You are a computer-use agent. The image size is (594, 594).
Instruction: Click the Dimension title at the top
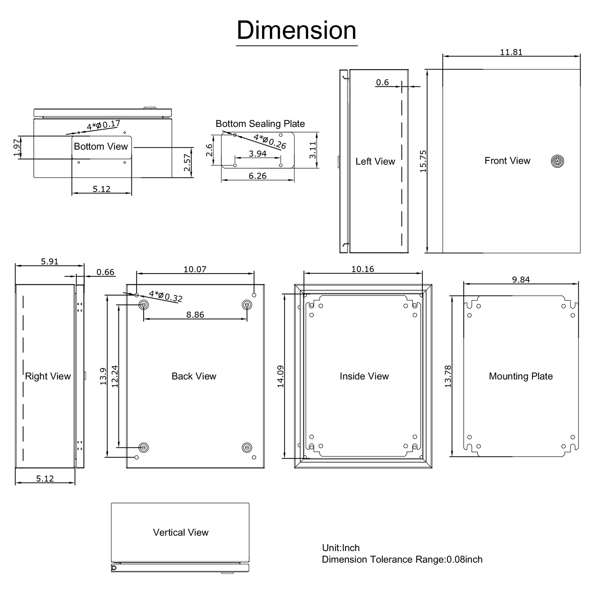point(296,30)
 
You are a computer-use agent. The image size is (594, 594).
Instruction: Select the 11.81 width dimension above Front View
point(511,52)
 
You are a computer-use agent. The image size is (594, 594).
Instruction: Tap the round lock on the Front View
point(557,161)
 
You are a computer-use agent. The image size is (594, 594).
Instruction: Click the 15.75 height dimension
point(423,161)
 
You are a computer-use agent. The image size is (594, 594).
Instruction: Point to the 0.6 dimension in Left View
point(382,82)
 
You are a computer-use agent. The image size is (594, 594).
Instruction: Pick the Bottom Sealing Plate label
point(260,124)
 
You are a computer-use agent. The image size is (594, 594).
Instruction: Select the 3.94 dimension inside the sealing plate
point(257,154)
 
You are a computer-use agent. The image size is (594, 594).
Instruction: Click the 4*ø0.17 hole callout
point(103,125)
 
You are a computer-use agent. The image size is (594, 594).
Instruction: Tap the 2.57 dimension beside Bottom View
point(187,162)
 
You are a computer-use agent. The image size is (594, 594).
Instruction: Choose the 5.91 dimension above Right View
point(49,261)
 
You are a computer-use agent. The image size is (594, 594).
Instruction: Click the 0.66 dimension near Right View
point(105,272)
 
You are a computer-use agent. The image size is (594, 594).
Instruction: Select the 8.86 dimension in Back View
point(195,314)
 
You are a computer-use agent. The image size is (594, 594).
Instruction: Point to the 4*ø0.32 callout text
point(166,296)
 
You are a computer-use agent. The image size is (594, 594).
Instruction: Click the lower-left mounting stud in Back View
point(144,447)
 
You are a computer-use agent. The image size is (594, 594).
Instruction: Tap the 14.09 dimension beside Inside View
point(280,376)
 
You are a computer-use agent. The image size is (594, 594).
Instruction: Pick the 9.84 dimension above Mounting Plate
point(520,280)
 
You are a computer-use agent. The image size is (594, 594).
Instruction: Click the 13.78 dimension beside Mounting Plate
point(448,376)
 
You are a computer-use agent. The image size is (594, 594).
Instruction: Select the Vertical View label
point(180,532)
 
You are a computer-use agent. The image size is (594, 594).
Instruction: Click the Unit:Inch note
point(341,548)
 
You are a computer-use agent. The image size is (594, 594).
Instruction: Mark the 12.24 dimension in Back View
point(114,376)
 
